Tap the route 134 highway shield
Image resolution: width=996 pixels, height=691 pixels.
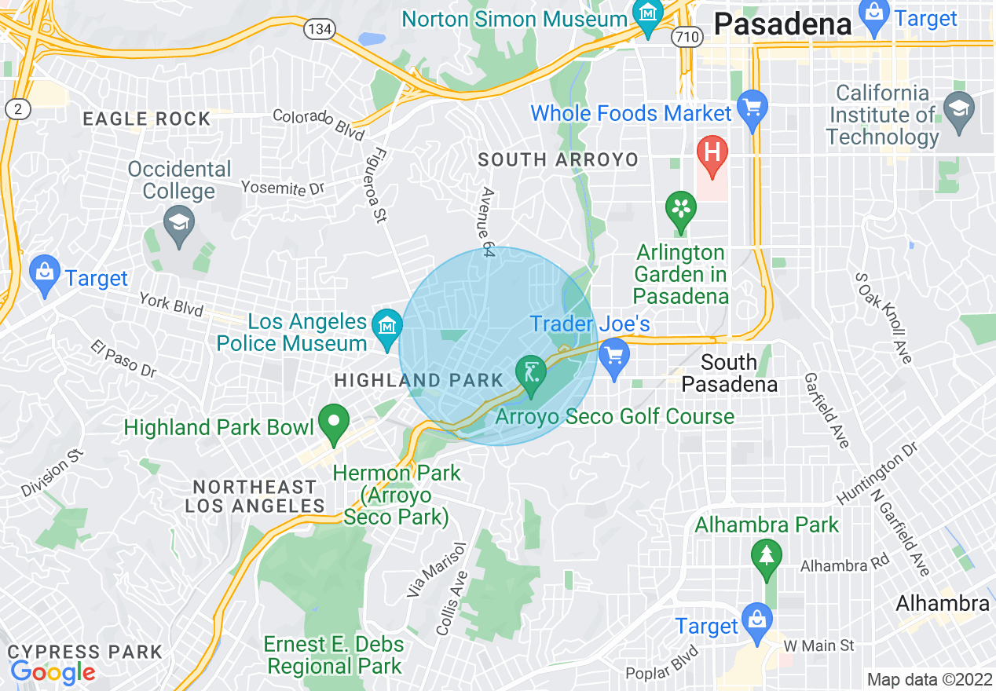click(320, 29)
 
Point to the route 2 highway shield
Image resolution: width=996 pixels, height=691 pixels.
click(16, 109)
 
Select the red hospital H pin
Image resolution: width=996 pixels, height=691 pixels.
click(712, 153)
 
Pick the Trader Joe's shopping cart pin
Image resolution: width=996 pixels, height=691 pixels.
click(613, 357)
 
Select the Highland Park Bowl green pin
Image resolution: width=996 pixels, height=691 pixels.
click(334, 422)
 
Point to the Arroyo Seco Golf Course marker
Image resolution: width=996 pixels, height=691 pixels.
click(531, 374)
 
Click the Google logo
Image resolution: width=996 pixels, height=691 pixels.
click(53, 671)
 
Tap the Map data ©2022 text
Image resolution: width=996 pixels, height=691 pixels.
click(929, 679)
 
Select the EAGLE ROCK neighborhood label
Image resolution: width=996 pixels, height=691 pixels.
click(147, 119)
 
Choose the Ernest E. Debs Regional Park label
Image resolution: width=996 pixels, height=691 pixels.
click(334, 656)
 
